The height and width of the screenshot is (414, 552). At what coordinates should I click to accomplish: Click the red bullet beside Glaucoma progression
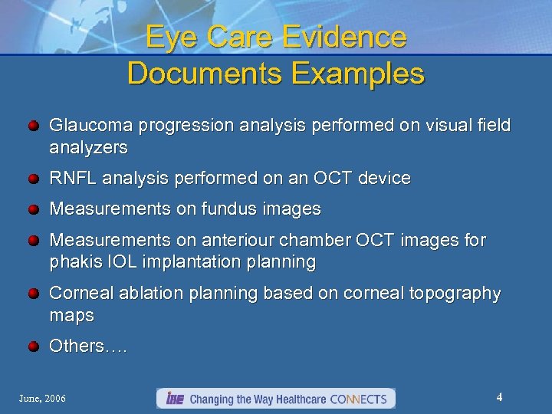pos(34,125)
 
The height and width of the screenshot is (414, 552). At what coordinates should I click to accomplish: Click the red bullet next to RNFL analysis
pos(34,179)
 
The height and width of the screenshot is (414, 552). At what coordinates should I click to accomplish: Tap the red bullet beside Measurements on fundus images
pos(34,209)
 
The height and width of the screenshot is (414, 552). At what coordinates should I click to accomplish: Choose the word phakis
pos(74,262)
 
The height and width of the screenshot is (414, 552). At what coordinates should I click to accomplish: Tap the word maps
pos(71,315)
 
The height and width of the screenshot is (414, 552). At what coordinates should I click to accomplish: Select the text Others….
pos(88,347)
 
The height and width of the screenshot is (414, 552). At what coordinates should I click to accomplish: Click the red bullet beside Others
pos(34,347)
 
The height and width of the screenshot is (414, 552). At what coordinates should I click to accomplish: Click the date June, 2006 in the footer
pos(43,399)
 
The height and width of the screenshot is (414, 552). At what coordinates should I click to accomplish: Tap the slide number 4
pos(499,397)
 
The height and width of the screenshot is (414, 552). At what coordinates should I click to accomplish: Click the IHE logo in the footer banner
pos(172,399)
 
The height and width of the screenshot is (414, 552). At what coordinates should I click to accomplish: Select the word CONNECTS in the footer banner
pos(360,399)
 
